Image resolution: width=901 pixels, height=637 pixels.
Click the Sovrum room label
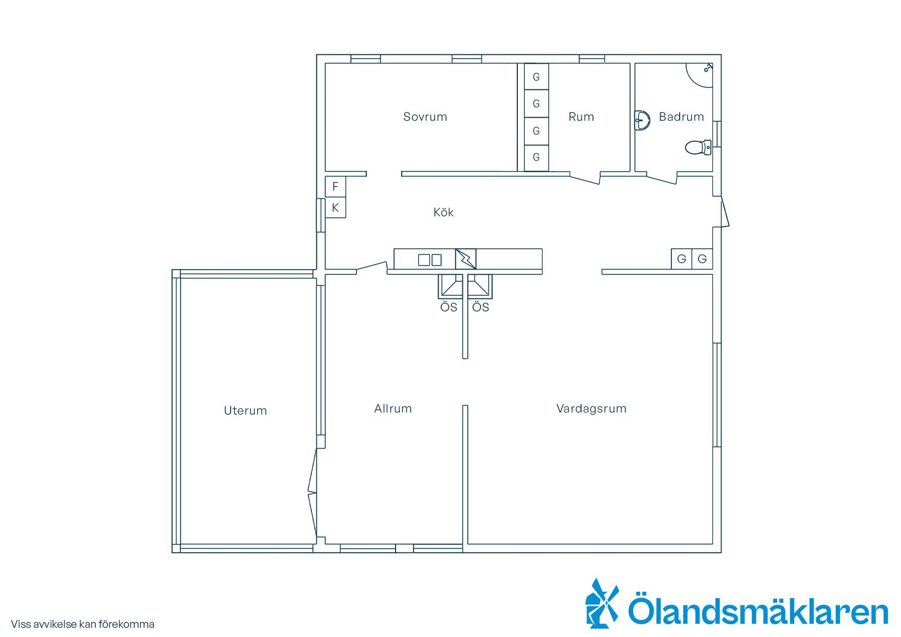pyautogui.click(x=425, y=117)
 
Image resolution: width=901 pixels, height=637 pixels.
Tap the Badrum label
pyautogui.click(x=681, y=117)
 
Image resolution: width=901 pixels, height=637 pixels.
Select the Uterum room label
pyautogui.click(x=245, y=410)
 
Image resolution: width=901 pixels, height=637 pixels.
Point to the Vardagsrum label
pyautogui.click(x=591, y=408)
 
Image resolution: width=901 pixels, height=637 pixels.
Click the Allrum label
pyautogui.click(x=393, y=408)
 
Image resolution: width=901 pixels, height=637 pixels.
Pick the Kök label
pyautogui.click(x=443, y=212)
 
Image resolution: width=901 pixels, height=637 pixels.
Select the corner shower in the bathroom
pyautogui.click(x=700, y=74)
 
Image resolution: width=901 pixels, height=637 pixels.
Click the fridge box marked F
pyautogui.click(x=335, y=187)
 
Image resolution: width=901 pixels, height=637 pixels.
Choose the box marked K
pyautogui.click(x=335, y=208)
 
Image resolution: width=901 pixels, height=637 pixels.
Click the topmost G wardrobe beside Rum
pyautogui.click(x=536, y=77)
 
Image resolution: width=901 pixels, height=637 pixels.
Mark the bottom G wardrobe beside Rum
pyautogui.click(x=536, y=157)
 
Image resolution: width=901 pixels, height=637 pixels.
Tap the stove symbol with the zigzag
pyautogui.click(x=466, y=259)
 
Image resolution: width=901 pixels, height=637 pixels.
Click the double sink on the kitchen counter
pyautogui.click(x=430, y=260)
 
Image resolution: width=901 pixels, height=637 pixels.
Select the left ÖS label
pyautogui.click(x=448, y=307)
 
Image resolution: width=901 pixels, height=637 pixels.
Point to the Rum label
pyautogui.click(x=581, y=117)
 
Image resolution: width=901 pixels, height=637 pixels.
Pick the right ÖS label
pyautogui.click(x=480, y=307)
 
